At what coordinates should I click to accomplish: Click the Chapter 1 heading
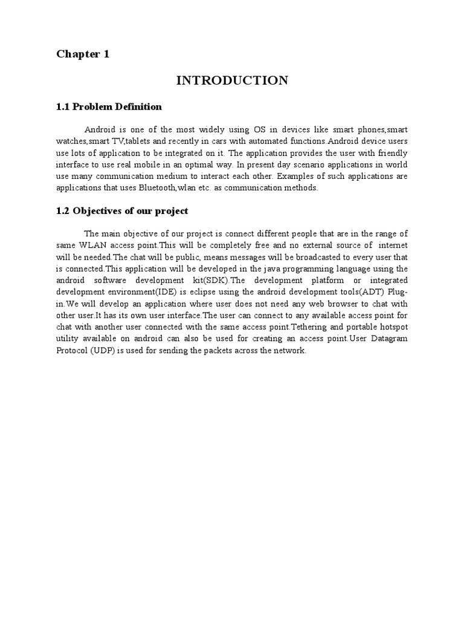tap(83, 54)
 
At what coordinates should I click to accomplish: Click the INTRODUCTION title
tap(232, 80)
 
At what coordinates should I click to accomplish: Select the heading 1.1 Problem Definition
tap(109, 107)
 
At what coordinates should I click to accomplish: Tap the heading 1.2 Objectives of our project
tap(122, 211)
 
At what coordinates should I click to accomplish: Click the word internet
tap(390, 245)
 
